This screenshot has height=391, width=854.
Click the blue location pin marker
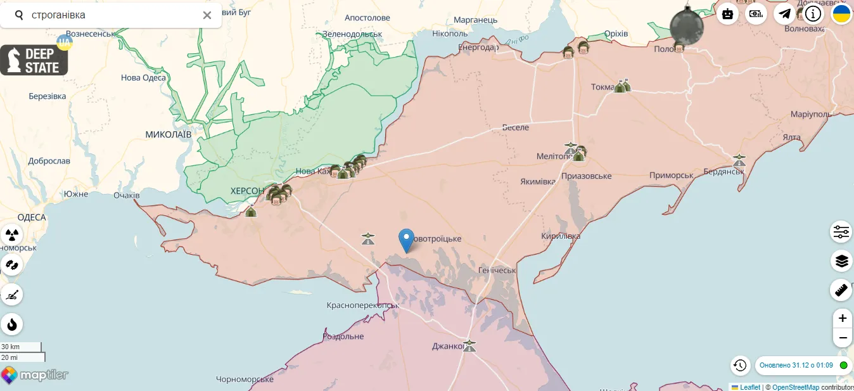[406, 240]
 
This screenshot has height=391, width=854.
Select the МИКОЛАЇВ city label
[168, 134]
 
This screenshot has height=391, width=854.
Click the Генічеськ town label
[497, 271]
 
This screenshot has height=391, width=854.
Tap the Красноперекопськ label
[362, 305]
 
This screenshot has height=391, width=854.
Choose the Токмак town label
[602, 87]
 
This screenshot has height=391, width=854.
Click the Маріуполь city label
[811, 114]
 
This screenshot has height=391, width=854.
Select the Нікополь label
[449, 34]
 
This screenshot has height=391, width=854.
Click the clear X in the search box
[207, 15]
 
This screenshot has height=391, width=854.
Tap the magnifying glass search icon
[19, 15]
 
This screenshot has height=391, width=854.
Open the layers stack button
[841, 260]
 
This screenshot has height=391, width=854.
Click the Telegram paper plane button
[785, 13]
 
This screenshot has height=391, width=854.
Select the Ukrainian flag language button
[841, 13]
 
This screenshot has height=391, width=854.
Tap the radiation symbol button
[11, 234]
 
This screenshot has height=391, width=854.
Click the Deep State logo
[34, 60]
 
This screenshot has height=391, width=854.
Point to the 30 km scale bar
[21, 347]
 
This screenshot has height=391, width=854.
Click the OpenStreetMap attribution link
[796, 387]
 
